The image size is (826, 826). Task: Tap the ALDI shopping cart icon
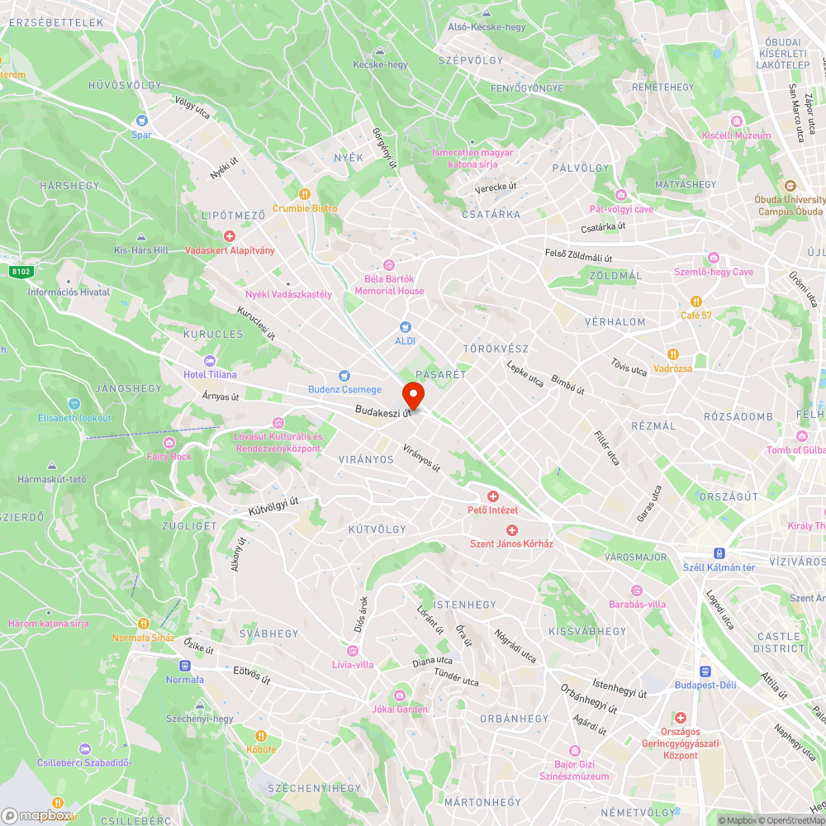click(x=405, y=327)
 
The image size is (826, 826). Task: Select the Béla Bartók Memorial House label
click(x=389, y=285)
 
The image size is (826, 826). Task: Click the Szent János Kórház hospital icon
click(x=511, y=529)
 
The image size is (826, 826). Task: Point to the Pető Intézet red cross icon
click(x=492, y=496)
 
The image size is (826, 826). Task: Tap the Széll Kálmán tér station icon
click(x=719, y=553)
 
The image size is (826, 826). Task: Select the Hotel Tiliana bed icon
click(x=209, y=361)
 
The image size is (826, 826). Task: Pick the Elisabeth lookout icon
click(x=74, y=404)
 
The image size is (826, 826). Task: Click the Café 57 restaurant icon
click(x=697, y=301)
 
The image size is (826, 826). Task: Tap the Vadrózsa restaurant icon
click(x=672, y=354)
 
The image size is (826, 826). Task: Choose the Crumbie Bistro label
click(x=305, y=208)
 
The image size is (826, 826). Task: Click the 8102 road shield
click(x=21, y=270)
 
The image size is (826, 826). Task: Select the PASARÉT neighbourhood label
click(x=441, y=374)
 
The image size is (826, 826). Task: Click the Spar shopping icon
click(x=141, y=121)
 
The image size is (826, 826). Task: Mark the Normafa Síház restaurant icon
click(x=143, y=624)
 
